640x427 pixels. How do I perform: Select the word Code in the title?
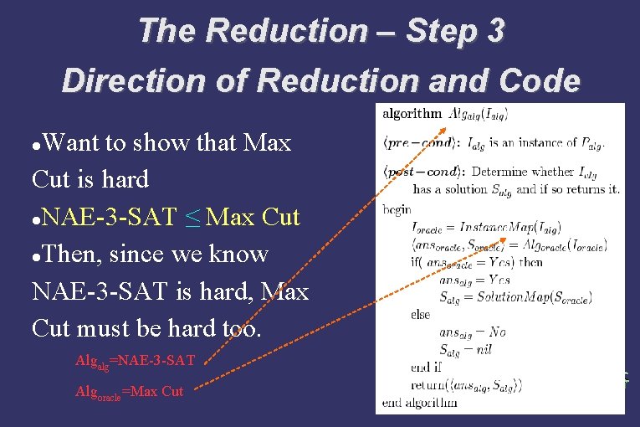tap(542, 81)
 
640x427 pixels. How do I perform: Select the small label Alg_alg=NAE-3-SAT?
tap(135, 361)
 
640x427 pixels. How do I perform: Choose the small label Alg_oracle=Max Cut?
tap(130, 391)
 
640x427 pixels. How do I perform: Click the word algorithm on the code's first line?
tap(412, 114)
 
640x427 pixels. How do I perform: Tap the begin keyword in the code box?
tap(397, 209)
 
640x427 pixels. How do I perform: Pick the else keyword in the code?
tap(421, 315)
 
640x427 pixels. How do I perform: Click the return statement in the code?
tap(466, 385)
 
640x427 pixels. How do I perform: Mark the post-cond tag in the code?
tap(422, 172)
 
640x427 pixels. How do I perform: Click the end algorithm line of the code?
tap(420, 403)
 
